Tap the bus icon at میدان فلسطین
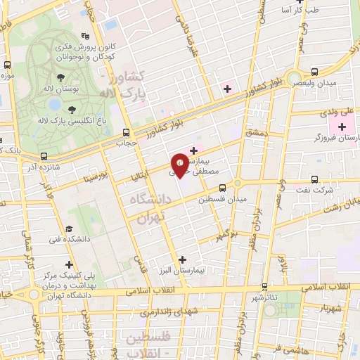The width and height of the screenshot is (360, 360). coord(222,188)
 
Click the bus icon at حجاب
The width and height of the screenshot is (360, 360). coord(127,132)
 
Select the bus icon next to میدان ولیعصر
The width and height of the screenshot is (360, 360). coord(314,71)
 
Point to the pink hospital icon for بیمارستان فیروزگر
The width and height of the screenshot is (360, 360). coord(342,127)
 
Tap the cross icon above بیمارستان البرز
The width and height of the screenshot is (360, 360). coord(183,259)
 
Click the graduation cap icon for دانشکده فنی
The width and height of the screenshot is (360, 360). coord(69,229)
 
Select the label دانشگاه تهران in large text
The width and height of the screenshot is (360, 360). coord(148,209)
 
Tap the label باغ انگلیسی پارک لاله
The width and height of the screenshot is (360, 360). coord(70,120)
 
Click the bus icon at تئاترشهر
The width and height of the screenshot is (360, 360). coord(264,287)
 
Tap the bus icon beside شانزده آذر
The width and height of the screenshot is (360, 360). coord(44,157)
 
